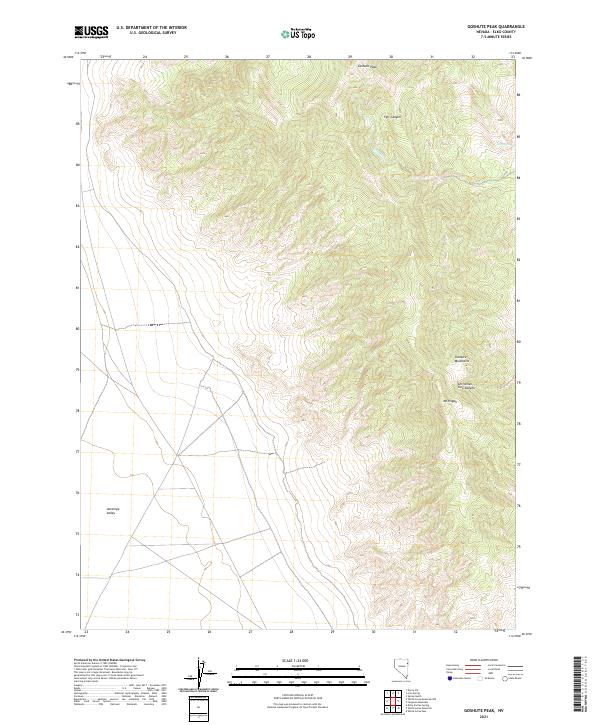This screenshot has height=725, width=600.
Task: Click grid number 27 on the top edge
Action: [x=268, y=57]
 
